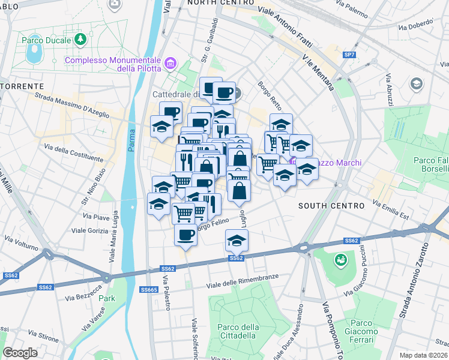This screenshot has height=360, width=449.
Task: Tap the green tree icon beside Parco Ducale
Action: pyautogui.click(x=81, y=40)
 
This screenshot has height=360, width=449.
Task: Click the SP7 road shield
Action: pyautogui.click(x=349, y=55)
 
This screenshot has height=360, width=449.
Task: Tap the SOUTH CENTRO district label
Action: pyautogui.click(x=331, y=206)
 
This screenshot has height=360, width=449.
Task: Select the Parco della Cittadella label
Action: pyautogui.click(x=238, y=331)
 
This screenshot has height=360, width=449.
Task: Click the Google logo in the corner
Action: pyautogui.click(x=19, y=352)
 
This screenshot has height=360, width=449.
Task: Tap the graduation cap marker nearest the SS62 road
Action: pyautogui.click(x=237, y=241)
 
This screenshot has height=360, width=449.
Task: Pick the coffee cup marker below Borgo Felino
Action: pyautogui.click(x=186, y=235)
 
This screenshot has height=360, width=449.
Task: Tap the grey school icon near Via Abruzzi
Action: pyautogui.click(x=416, y=84)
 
